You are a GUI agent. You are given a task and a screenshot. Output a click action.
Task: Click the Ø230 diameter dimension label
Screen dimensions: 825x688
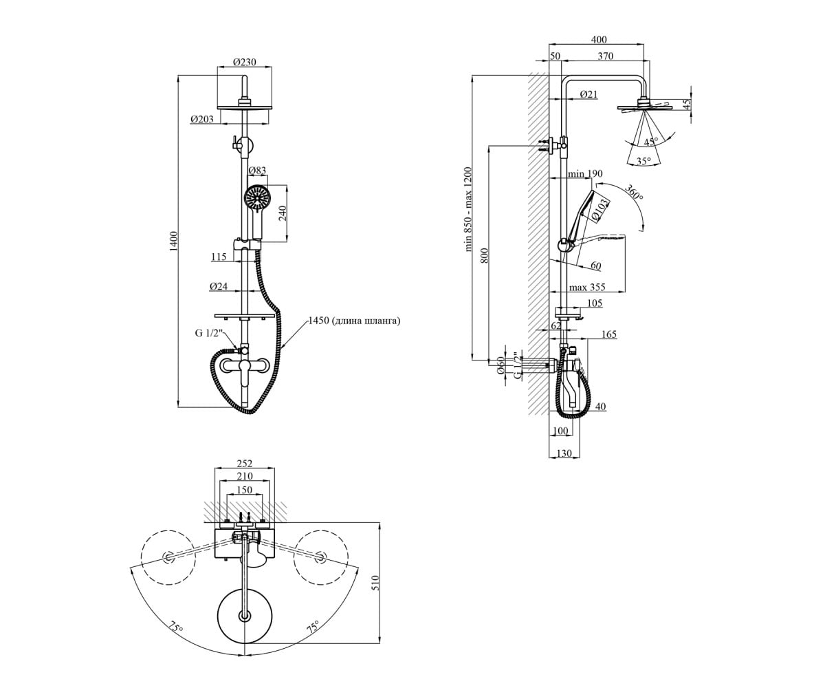(x=245, y=62)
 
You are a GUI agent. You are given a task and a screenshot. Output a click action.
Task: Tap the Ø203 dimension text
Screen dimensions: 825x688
(x=202, y=118)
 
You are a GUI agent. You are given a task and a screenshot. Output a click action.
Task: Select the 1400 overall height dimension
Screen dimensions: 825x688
(x=173, y=241)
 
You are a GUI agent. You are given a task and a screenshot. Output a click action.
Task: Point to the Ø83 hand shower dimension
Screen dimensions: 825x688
(x=257, y=171)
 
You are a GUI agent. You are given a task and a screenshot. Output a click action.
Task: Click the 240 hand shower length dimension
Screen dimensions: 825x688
(x=283, y=213)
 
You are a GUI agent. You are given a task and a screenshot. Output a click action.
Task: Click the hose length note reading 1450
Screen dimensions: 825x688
(x=354, y=321)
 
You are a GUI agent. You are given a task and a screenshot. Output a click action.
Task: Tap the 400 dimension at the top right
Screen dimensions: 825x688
(x=599, y=39)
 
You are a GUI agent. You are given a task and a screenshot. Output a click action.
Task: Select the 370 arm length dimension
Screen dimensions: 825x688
(x=605, y=56)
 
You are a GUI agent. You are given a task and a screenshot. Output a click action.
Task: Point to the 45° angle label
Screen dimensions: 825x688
(x=651, y=141)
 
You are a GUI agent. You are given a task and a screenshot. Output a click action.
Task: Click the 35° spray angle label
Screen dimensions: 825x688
(x=643, y=161)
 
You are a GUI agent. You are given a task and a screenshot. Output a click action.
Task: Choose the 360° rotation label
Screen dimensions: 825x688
(x=634, y=192)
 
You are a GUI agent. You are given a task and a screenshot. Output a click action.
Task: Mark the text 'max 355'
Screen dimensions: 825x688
(x=586, y=287)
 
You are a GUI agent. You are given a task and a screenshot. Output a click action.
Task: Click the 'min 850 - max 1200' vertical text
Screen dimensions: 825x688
(x=468, y=210)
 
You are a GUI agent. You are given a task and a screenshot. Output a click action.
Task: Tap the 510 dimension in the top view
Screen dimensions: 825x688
(x=375, y=583)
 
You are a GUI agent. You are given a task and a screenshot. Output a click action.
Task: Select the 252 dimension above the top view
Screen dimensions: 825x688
(x=244, y=463)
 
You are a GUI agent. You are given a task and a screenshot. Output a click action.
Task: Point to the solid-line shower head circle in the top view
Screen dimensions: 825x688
(x=245, y=616)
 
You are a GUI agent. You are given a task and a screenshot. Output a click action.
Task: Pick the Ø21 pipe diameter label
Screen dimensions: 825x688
(x=588, y=94)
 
